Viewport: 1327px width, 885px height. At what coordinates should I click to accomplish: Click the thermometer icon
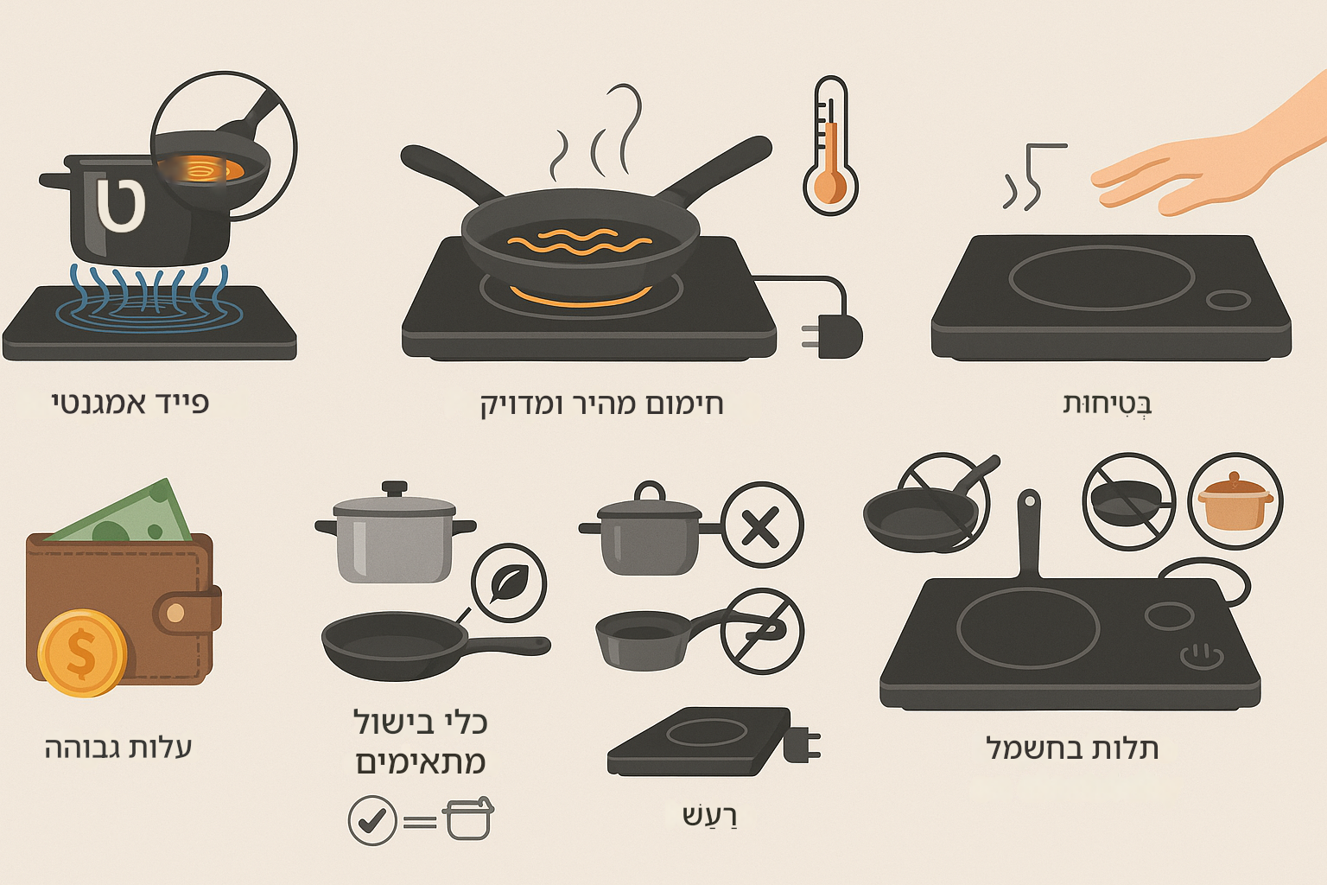point(830,144)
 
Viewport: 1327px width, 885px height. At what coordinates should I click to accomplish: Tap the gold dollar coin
point(82,653)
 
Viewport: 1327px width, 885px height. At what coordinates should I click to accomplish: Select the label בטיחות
point(1107,404)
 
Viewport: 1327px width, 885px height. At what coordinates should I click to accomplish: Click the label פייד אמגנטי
point(130,404)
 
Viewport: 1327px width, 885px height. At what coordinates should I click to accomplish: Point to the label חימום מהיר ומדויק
point(602,404)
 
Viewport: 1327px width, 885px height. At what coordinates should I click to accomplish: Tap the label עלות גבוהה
point(118,748)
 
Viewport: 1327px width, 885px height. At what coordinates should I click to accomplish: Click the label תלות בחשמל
point(1071,748)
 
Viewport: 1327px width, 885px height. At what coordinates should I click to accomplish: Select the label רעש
point(709,816)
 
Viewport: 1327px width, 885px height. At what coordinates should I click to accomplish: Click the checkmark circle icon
point(372,820)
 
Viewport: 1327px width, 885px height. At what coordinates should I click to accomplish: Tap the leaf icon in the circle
point(509,583)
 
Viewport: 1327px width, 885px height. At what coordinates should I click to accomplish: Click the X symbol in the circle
point(761,525)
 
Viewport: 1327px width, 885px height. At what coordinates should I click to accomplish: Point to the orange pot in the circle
point(1235,501)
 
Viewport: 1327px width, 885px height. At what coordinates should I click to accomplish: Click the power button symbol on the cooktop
point(1202,656)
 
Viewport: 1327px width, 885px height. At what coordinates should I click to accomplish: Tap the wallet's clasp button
point(175,614)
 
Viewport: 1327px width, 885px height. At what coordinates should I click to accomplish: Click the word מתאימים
point(421,762)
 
